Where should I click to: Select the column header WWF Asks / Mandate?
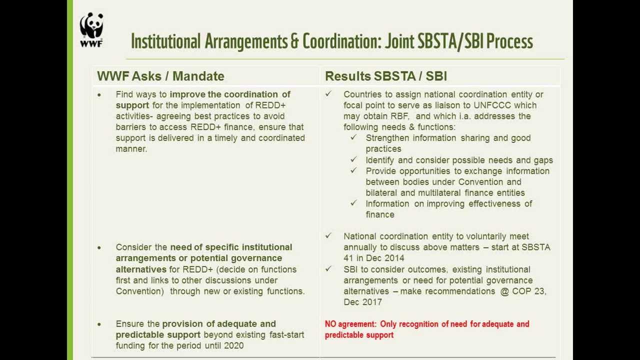click(160, 76)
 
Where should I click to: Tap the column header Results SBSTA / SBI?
click(385, 76)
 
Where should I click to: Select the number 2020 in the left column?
click(233, 345)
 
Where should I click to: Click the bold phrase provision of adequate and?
click(219, 324)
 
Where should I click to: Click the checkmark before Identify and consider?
click(354, 160)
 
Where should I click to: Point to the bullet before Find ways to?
click(99, 94)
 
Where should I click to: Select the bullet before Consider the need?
click(99, 247)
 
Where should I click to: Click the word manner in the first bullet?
click(130, 149)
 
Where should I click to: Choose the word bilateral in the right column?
click(382, 193)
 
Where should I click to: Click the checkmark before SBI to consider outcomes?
click(328, 269)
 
